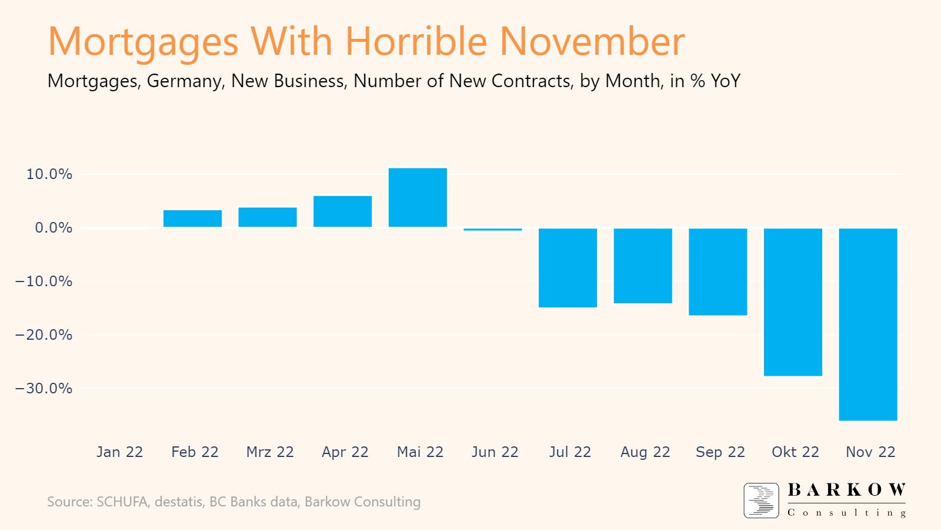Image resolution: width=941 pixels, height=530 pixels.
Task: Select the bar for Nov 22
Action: coord(868,324)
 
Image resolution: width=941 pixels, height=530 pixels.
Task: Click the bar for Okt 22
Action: coord(793,302)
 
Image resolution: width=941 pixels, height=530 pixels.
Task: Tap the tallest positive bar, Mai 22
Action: coord(418,198)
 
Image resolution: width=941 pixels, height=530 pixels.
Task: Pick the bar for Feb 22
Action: coord(193,218)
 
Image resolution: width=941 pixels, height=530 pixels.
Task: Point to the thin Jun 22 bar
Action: coord(493,229)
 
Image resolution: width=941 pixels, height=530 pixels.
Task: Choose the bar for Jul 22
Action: coord(568,267)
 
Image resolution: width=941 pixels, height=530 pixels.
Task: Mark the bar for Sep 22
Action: coord(718,271)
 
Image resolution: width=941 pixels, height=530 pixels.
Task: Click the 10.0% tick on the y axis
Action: coord(49,174)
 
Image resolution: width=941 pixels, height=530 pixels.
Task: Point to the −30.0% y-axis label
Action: coord(44,389)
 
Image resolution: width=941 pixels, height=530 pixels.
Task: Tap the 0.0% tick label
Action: coord(54,228)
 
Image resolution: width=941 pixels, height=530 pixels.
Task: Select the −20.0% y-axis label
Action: coord(44,335)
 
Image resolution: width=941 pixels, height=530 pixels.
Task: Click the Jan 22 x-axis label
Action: coord(120,452)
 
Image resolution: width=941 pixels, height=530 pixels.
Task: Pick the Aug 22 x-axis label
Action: coord(645,452)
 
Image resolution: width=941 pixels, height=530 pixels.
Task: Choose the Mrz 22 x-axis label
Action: coord(270,452)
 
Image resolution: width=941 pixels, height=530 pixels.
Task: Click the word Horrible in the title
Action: coord(416,42)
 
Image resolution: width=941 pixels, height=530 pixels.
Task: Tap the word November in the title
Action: coord(592,42)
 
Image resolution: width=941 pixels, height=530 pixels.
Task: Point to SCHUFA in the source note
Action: coord(122,502)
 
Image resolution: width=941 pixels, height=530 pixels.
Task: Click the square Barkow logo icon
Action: coord(761,501)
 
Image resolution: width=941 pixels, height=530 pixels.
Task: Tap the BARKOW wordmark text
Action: coord(846,490)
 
